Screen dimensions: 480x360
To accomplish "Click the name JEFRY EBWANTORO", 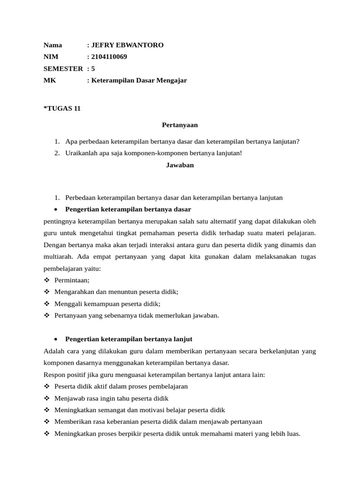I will click(x=127, y=45).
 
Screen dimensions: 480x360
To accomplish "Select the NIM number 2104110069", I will click(x=109, y=57).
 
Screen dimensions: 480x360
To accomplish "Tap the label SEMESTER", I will click(x=63, y=68).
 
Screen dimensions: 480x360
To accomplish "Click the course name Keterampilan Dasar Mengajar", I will click(x=139, y=80).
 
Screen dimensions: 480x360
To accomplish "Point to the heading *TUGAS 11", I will click(x=62, y=108).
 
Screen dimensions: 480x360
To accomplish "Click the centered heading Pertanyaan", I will click(x=180, y=125).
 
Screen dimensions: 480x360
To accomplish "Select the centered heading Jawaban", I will click(x=180, y=165).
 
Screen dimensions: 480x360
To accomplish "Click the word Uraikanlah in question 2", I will click(x=80, y=153).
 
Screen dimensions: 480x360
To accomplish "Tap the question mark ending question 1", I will click(x=298, y=142).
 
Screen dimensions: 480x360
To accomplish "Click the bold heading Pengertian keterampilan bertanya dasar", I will click(x=128, y=209).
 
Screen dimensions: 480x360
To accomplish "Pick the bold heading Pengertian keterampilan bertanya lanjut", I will click(x=129, y=339).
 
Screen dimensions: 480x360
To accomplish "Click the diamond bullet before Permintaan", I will click(x=46, y=280).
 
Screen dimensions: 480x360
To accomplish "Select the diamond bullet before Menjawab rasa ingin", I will click(x=46, y=398).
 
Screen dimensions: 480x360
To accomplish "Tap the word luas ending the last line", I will click(x=292, y=434).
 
